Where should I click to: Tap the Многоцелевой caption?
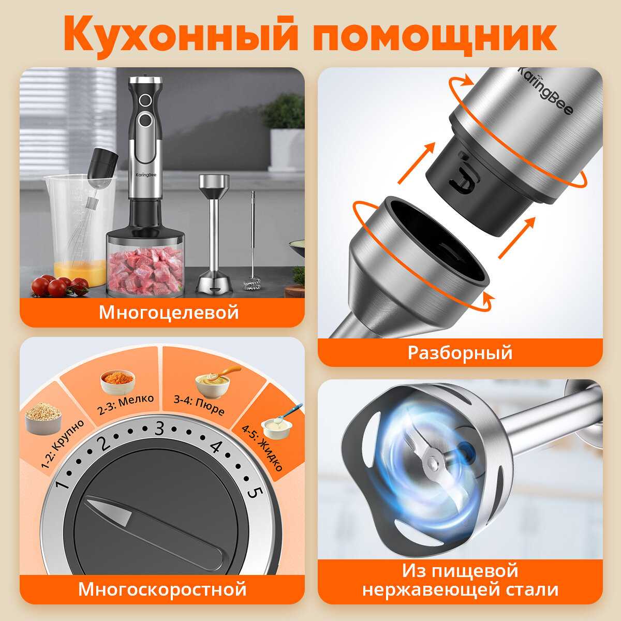(169, 312)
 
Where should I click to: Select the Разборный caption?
(460, 352)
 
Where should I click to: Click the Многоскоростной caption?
(162, 589)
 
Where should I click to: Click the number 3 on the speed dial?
(159, 428)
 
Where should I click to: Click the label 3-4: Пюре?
(199, 405)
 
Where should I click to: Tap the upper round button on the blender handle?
(145, 101)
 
